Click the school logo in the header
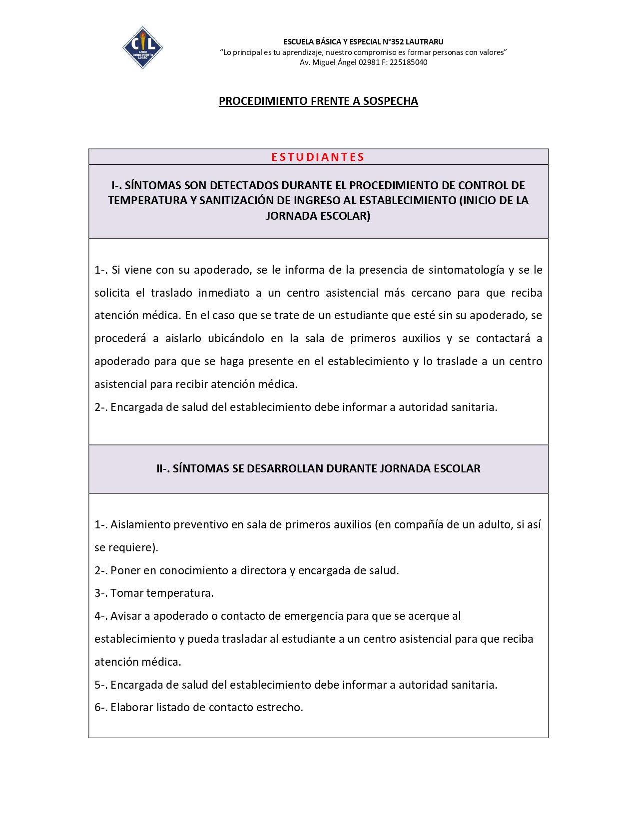[142, 47]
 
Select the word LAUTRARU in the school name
[424, 42]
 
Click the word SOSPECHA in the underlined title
[390, 101]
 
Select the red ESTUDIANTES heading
[318, 157]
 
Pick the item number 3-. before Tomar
[101, 593]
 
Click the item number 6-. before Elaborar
[101, 708]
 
